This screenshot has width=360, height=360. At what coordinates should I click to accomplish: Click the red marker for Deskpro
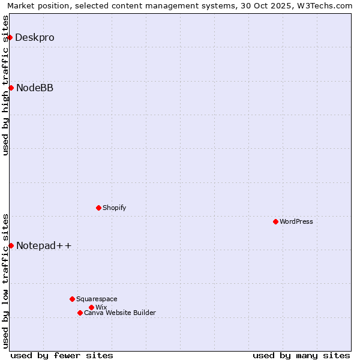tap(10, 37)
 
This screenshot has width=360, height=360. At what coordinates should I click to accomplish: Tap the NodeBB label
tap(35, 88)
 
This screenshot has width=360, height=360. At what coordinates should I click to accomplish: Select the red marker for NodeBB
tap(11, 88)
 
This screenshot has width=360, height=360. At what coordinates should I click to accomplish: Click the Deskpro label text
tap(35, 37)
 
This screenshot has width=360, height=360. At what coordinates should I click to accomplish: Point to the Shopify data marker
tap(98, 208)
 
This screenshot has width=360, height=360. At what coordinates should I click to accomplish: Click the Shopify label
tap(114, 208)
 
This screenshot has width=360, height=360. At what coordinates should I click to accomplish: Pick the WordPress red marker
tap(275, 221)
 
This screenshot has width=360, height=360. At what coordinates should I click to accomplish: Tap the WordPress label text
tap(296, 221)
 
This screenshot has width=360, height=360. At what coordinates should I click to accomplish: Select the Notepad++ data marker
tap(11, 245)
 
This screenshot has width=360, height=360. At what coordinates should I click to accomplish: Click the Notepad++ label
tap(44, 245)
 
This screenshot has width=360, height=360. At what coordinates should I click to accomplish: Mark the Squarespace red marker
tap(72, 299)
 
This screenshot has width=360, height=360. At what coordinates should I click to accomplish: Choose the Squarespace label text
tap(97, 299)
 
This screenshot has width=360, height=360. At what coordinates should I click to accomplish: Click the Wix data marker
tap(91, 307)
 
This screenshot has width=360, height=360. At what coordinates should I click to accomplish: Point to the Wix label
tap(101, 307)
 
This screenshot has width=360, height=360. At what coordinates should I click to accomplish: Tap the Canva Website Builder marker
tap(80, 313)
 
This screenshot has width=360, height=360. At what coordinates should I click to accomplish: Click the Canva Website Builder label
tap(120, 313)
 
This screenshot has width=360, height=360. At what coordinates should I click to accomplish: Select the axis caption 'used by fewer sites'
tap(62, 355)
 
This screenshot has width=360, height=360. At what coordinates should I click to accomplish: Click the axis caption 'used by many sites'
tap(301, 355)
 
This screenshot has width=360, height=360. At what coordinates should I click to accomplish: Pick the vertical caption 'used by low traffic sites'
tap(6, 280)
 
